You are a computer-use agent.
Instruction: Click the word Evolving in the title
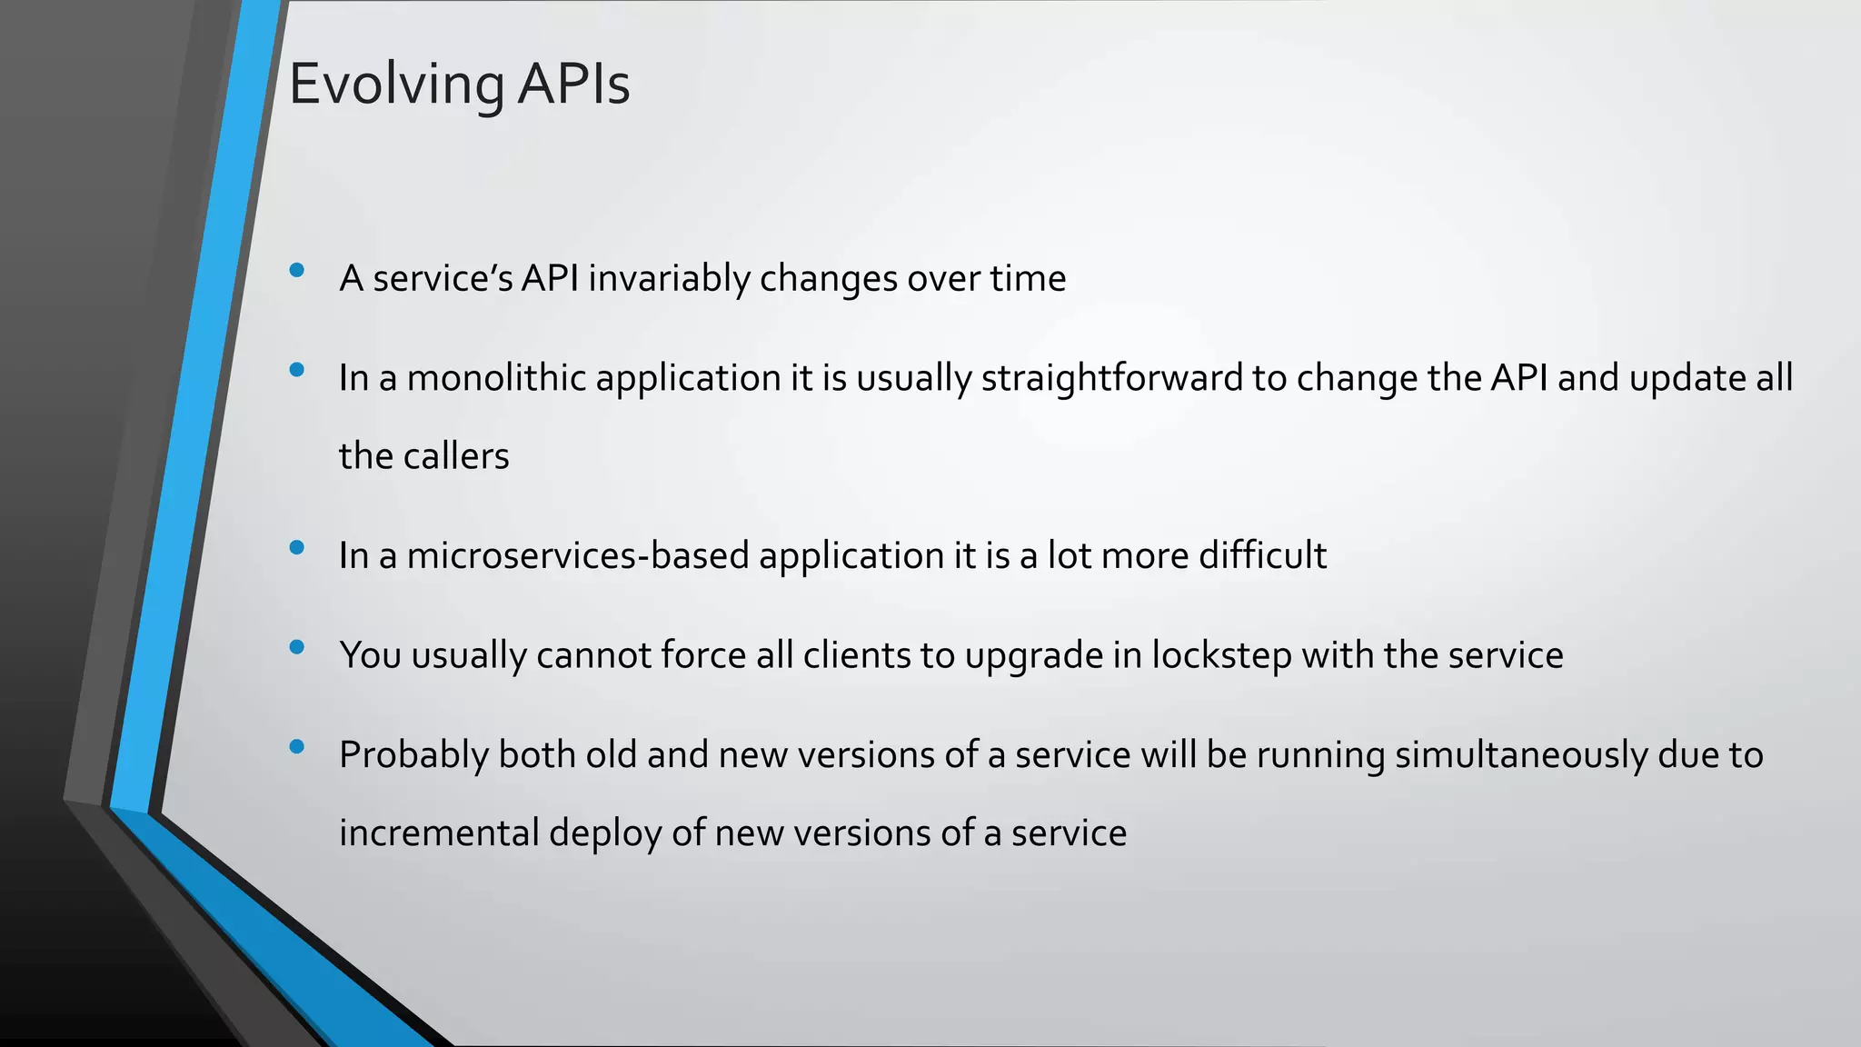[x=396, y=85]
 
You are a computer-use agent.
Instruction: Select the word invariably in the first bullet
[x=668, y=278]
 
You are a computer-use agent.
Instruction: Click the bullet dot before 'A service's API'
[x=296, y=271]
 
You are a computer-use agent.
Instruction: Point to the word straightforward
[x=1111, y=378]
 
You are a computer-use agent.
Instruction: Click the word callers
[x=456, y=456]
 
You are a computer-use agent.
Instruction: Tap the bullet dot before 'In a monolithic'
[x=296, y=370]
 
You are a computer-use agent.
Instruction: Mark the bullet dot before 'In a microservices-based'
[x=296, y=547]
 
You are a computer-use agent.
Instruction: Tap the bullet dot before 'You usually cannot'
[x=296, y=647]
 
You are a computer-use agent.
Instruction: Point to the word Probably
[x=413, y=755]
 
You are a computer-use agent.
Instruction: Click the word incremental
[x=439, y=833]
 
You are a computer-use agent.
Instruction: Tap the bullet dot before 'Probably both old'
[x=296, y=747]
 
